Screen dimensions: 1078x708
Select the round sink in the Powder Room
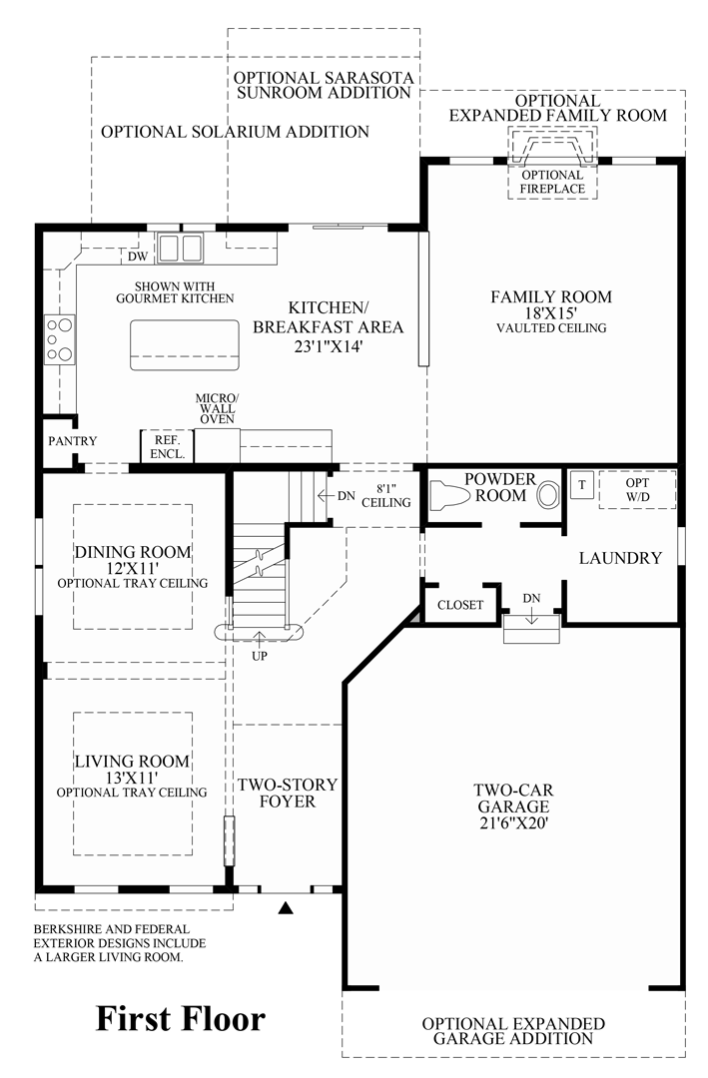coord(548,494)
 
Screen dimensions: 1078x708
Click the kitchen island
coord(185,344)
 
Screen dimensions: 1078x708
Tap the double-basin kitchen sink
coord(180,247)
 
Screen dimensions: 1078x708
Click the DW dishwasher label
coord(138,258)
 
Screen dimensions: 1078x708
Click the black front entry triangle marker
coord(287,908)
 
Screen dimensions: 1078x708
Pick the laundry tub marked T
coord(582,484)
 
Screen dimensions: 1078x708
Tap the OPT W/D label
coord(637,489)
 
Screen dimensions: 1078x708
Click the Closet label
coord(460,605)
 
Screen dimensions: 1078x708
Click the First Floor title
coord(181,1018)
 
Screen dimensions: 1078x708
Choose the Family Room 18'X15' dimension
coord(550,312)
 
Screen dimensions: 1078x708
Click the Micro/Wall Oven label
coord(216,407)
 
